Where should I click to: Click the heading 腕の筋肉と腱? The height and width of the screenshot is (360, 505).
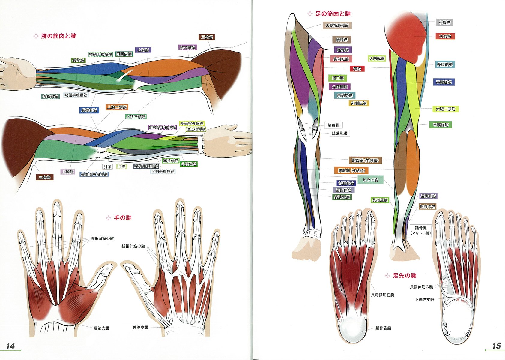coord(58,36)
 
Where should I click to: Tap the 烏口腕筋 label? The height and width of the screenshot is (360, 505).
coord(187,48)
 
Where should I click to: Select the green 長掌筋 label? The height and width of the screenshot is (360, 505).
coord(78,60)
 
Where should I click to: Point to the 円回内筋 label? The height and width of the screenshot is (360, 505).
coord(124,54)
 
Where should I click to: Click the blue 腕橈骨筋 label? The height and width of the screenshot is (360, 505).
coord(89,110)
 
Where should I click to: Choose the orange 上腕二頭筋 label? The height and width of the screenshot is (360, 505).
coord(117,107)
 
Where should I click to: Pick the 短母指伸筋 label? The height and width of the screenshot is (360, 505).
coord(196,129)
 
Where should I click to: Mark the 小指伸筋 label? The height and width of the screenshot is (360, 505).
coord(189,164)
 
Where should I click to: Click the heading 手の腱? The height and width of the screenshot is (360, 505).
coord(123,218)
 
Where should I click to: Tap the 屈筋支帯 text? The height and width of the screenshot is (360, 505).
coord(102,328)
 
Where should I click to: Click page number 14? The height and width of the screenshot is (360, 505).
coord(10,346)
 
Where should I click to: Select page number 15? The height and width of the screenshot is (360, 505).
coord(496,346)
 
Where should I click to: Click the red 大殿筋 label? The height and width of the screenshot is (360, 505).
coord(445,36)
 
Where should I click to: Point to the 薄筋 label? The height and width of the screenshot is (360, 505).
coord(357,69)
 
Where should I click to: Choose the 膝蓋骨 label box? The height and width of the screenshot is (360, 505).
coord(333,125)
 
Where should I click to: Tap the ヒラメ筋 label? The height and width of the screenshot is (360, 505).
coord(370,180)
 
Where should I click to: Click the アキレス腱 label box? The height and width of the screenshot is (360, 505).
coord(420,230)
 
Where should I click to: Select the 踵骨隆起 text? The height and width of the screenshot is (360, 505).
coord(383,328)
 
